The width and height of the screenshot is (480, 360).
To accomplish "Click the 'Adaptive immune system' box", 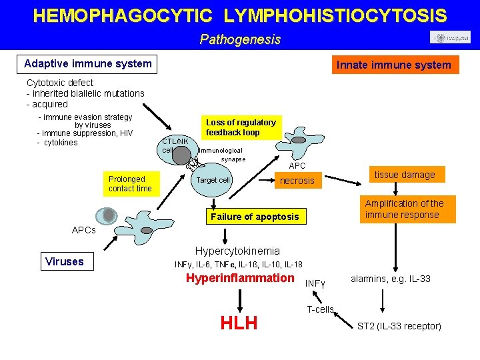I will [x=87, y=64].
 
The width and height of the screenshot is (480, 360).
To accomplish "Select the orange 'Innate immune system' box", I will [x=394, y=65].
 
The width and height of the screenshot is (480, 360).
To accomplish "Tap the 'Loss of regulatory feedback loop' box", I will [x=241, y=127].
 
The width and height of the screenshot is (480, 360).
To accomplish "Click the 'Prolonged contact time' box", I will [x=130, y=183].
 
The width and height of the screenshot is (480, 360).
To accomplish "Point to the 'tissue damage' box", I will [x=404, y=175].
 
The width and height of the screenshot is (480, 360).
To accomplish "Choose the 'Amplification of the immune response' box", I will [x=404, y=209].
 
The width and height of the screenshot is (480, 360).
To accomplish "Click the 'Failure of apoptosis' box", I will [x=255, y=217].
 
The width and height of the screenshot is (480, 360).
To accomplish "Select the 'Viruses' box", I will [x=65, y=261].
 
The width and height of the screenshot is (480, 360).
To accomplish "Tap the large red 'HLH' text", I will [x=239, y=323].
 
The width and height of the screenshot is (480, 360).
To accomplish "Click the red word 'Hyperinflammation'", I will [x=239, y=278].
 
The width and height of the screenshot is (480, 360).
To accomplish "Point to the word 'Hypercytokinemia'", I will [x=237, y=251].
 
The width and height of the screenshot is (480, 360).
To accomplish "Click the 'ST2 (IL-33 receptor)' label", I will [x=399, y=326].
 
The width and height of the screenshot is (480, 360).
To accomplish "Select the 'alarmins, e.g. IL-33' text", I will [x=390, y=279].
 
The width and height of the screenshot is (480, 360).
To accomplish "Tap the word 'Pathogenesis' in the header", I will [x=240, y=39].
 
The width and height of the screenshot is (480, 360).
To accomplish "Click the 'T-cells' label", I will [x=320, y=309].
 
